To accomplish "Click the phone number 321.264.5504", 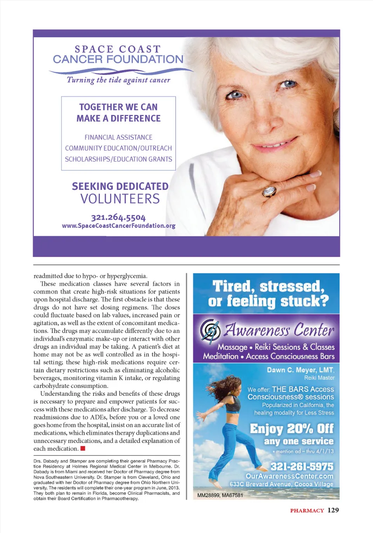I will pos(118,217).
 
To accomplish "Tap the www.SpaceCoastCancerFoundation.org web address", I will pos(119,226).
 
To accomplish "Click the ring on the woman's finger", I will pos(269,191).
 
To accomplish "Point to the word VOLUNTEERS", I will pos(120,199).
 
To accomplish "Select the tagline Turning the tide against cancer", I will pos(119,80).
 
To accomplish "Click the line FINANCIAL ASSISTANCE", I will pos(119,137).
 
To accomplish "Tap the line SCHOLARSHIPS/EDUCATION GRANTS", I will pos(119,159).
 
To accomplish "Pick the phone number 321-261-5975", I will pos(302,466).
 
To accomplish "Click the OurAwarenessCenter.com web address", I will pos(289,476).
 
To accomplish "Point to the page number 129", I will pos(333,510).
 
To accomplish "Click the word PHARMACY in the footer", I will pos(307,510).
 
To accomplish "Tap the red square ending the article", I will pos(83,448).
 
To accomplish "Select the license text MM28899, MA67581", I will pos(220,495).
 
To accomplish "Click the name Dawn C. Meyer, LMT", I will pos(300,370).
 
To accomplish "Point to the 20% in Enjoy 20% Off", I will pos(300,429).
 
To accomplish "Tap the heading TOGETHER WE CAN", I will pos(119,107).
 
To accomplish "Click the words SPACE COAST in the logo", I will pos(118,49).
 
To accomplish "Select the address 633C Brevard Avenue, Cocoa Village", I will pos(281,484).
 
